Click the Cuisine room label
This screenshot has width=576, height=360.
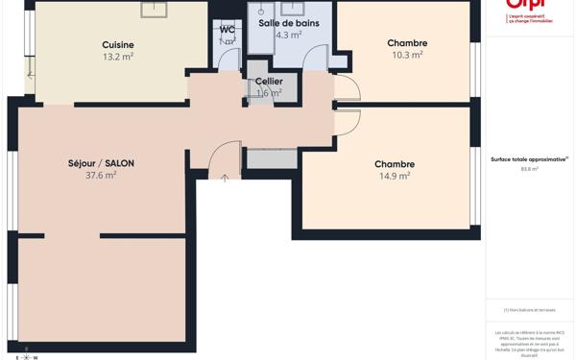click(x=118, y=44)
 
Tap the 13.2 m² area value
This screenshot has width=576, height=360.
click(x=118, y=57)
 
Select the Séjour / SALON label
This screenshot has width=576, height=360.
click(x=101, y=163)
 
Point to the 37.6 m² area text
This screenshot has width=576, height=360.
click(x=101, y=176)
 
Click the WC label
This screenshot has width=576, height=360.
click(x=228, y=30)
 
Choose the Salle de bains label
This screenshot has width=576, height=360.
click(x=288, y=23)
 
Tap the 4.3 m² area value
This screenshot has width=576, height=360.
click(x=288, y=36)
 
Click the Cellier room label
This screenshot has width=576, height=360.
click(x=269, y=82)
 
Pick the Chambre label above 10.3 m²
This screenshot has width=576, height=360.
click(x=407, y=43)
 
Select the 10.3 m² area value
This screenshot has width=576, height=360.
click(x=407, y=56)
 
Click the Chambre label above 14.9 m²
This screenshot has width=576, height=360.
click(x=395, y=164)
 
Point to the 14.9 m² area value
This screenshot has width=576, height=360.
click(x=395, y=177)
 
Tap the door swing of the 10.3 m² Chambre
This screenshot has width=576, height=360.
click(x=348, y=88)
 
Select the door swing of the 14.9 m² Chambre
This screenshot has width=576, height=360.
click(x=348, y=121)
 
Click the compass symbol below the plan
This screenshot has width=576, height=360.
click(x=26, y=354)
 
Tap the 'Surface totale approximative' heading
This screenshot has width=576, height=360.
click(x=529, y=159)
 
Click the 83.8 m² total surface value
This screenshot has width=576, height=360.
click(x=529, y=169)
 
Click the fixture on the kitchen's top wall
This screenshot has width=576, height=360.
click(x=154, y=10)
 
